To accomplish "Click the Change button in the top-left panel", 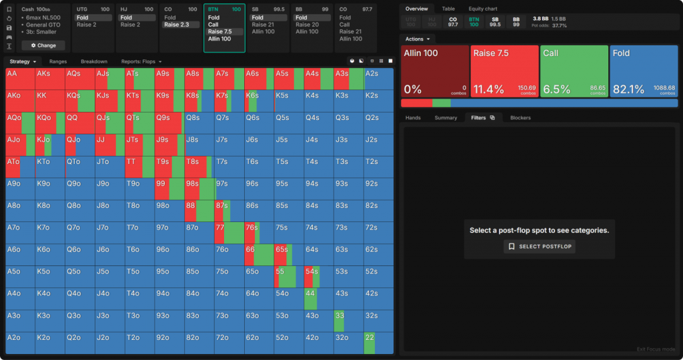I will pos(43,45).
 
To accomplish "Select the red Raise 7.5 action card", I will pos(504,71).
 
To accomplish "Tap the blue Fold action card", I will pos(644,71).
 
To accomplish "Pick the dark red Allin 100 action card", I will pos(434,71).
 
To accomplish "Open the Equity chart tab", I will pos(483,9).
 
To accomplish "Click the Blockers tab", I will pos(520,118).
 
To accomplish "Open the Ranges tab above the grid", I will pos(58,61).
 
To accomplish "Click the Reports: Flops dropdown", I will pos(141,61).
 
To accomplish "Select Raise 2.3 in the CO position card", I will pos(181,25).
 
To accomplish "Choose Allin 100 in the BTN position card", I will pos(223,39).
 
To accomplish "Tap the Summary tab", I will pos(446,118).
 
